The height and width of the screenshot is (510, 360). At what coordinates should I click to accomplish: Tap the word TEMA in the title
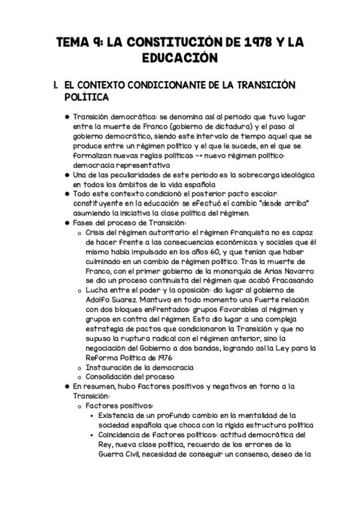pyautogui.click(x=70, y=43)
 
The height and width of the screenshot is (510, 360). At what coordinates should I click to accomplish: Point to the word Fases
pyautogui.click(x=83, y=224)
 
